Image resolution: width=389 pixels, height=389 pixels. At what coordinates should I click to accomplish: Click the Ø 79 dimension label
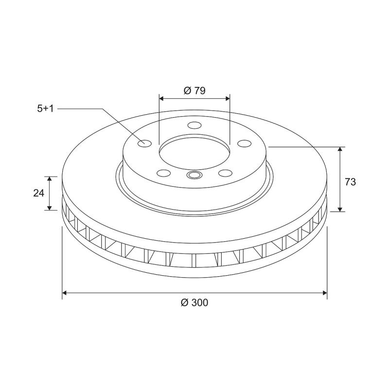(194, 90)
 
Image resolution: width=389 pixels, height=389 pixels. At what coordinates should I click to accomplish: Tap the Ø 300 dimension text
(194, 302)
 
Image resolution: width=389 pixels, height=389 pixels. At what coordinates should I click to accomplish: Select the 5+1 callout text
(45, 109)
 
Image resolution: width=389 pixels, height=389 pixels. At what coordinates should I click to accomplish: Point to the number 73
(350, 182)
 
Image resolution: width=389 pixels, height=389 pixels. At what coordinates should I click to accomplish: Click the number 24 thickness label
(39, 193)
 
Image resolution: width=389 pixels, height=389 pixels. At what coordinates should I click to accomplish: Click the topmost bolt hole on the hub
(194, 126)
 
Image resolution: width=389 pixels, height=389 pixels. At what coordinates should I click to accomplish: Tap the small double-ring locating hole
(194, 175)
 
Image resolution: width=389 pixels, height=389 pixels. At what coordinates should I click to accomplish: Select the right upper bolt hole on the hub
(244, 143)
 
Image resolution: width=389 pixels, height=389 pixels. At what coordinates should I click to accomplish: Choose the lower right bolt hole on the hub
(225, 173)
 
